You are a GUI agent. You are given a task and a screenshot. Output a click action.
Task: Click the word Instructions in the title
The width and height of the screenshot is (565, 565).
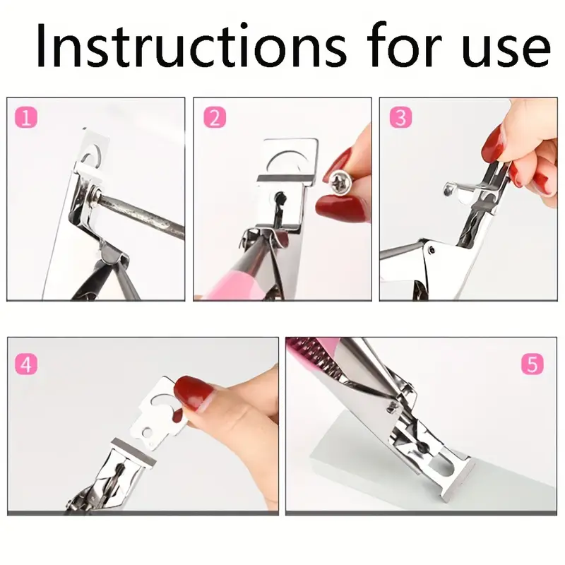pyautogui.click(x=191, y=45)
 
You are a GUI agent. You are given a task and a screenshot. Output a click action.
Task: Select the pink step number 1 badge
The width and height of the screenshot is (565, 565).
pyautogui.click(x=26, y=117)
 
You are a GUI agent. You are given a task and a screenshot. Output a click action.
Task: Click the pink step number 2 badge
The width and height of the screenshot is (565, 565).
pyautogui.click(x=215, y=117)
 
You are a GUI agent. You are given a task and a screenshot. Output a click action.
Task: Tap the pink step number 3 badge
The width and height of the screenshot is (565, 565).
pyautogui.click(x=400, y=117)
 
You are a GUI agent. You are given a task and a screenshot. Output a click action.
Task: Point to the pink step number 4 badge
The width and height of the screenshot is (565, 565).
pyautogui.click(x=26, y=364)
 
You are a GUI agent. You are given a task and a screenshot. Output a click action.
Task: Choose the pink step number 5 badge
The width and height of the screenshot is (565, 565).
pyautogui.click(x=533, y=364)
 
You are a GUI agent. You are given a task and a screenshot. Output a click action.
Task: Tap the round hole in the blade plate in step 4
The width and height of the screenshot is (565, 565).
pyautogui.click(x=147, y=432)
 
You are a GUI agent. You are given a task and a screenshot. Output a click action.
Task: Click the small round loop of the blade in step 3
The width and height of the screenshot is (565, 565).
pyautogui.click(x=448, y=189)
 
